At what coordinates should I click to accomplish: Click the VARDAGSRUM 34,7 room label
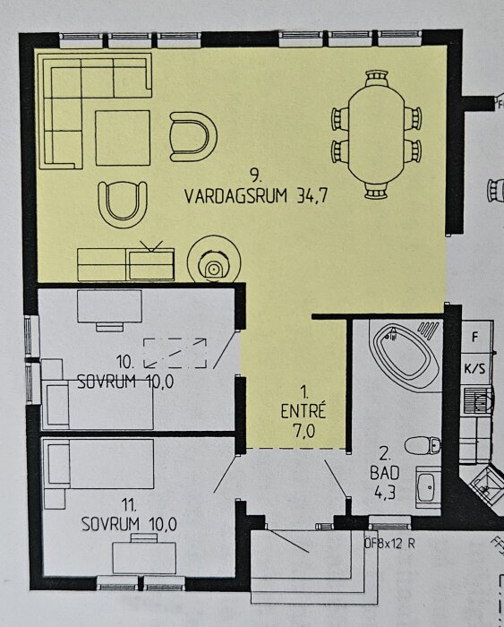tap(253, 196)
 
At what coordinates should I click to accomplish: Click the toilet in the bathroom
tap(422, 444)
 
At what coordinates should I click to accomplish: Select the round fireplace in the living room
tap(212, 262)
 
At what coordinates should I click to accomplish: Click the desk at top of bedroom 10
tap(110, 307)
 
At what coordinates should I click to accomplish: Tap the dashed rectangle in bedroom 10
tap(174, 352)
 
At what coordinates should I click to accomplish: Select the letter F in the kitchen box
tap(474, 339)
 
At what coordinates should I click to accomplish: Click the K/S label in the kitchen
tap(474, 368)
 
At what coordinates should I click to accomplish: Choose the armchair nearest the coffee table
tap(193, 136)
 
